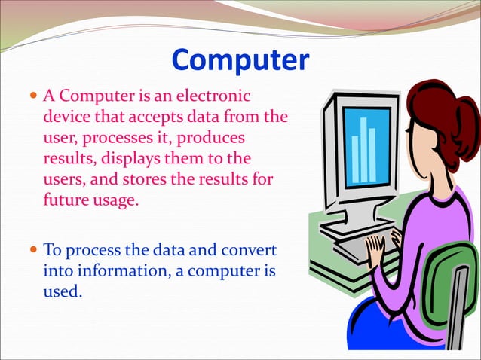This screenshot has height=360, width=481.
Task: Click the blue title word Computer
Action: pos(240,60)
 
